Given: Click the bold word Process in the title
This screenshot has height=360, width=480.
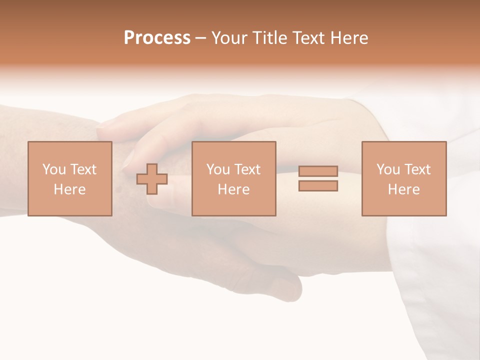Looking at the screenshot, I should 157,38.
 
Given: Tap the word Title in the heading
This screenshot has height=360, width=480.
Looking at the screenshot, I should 269,38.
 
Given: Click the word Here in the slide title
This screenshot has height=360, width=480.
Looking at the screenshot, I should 350,38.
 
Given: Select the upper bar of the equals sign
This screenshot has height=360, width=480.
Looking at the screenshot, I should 318,171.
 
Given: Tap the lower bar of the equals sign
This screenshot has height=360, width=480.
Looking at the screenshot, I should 318,185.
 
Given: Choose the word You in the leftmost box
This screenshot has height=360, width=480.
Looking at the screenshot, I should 54,169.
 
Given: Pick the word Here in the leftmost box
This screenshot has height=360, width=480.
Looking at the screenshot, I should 69,189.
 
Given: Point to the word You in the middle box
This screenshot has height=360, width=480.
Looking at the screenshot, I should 218,169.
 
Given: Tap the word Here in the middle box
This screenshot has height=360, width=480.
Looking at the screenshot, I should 233,189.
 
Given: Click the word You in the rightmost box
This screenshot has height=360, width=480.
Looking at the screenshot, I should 388,169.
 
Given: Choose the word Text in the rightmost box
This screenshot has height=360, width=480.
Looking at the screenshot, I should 417,169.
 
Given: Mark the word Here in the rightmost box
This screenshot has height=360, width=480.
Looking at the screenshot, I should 403,189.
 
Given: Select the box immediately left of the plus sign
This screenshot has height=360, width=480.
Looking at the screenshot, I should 69,205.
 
